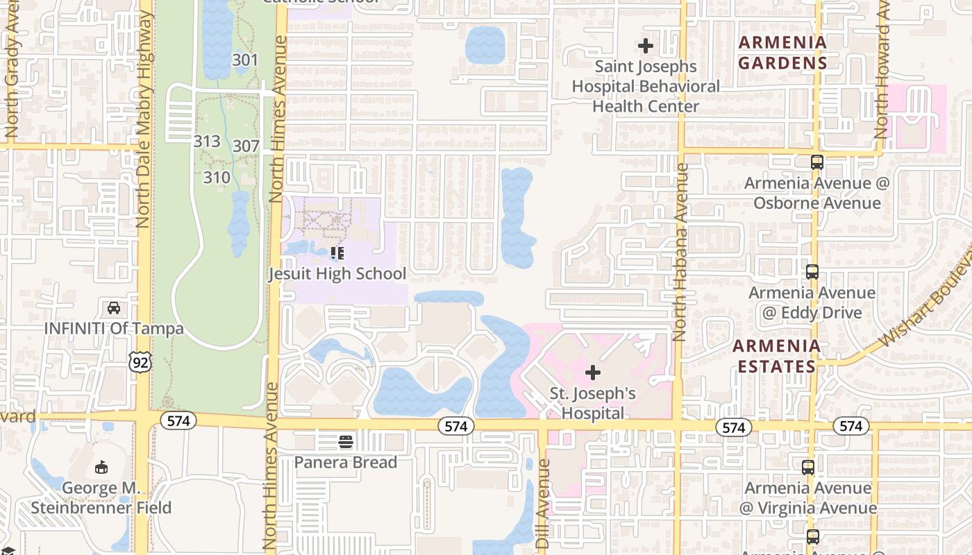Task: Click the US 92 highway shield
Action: (140, 361)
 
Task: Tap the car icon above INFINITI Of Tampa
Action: (114, 307)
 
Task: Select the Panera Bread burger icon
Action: (345, 441)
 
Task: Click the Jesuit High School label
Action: (337, 274)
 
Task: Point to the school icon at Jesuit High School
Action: (337, 253)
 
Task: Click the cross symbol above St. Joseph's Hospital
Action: (592, 373)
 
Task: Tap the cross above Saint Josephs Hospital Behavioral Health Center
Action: (646, 46)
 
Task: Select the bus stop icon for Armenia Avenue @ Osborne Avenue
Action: (817, 162)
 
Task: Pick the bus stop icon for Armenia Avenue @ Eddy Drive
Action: (812, 272)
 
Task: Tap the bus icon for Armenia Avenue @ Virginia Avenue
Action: (808, 468)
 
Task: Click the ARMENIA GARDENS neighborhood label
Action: (782, 53)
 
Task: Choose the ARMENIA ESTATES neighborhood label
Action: (776, 356)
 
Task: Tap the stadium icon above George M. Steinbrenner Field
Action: (101, 467)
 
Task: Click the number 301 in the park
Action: (245, 60)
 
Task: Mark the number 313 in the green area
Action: (207, 142)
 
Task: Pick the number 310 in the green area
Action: (217, 178)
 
